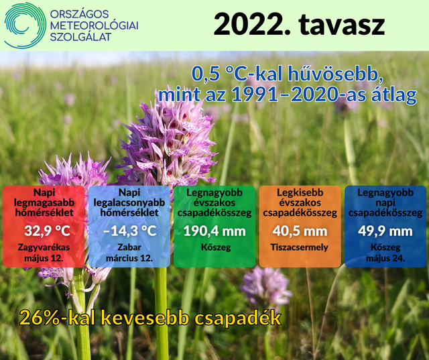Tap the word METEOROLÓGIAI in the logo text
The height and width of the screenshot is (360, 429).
(x=95, y=25)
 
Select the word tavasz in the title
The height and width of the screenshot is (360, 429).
(x=342, y=24)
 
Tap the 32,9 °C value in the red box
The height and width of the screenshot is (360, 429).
(x=47, y=231)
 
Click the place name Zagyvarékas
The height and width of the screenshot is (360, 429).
(x=44, y=247)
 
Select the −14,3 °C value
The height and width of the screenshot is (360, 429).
(x=129, y=231)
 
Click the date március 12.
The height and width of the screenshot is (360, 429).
(x=129, y=258)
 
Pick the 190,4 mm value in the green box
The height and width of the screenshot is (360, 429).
(x=214, y=231)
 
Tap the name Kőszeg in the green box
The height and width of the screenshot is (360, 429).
(x=216, y=247)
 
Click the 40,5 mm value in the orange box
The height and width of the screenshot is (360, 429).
(x=300, y=231)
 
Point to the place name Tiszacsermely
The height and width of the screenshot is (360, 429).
(x=300, y=247)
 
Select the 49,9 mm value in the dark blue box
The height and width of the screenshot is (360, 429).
(x=385, y=231)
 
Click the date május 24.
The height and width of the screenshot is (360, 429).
(x=385, y=258)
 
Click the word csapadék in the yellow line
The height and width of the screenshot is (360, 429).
(x=237, y=318)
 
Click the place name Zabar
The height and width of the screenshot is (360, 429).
(x=129, y=247)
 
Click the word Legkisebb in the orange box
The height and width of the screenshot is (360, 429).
(x=300, y=192)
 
